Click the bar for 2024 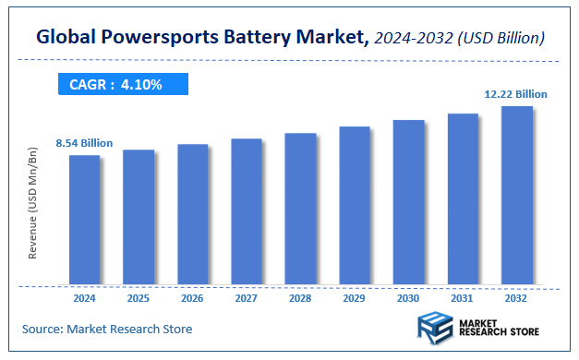[x=84, y=220]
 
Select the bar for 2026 [x=193, y=214]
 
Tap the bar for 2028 [x=301, y=209]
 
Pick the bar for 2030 [x=409, y=202]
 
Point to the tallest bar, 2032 [x=517, y=196]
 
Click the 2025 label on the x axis [x=139, y=299]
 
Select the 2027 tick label [x=247, y=299]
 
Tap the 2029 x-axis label [x=355, y=299]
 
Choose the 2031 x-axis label [x=463, y=299]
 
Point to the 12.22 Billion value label [x=515, y=94]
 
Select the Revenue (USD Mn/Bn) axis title [x=33, y=203]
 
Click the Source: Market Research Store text [x=108, y=329]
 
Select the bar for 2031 [x=463, y=198]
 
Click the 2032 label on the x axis [x=517, y=299]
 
